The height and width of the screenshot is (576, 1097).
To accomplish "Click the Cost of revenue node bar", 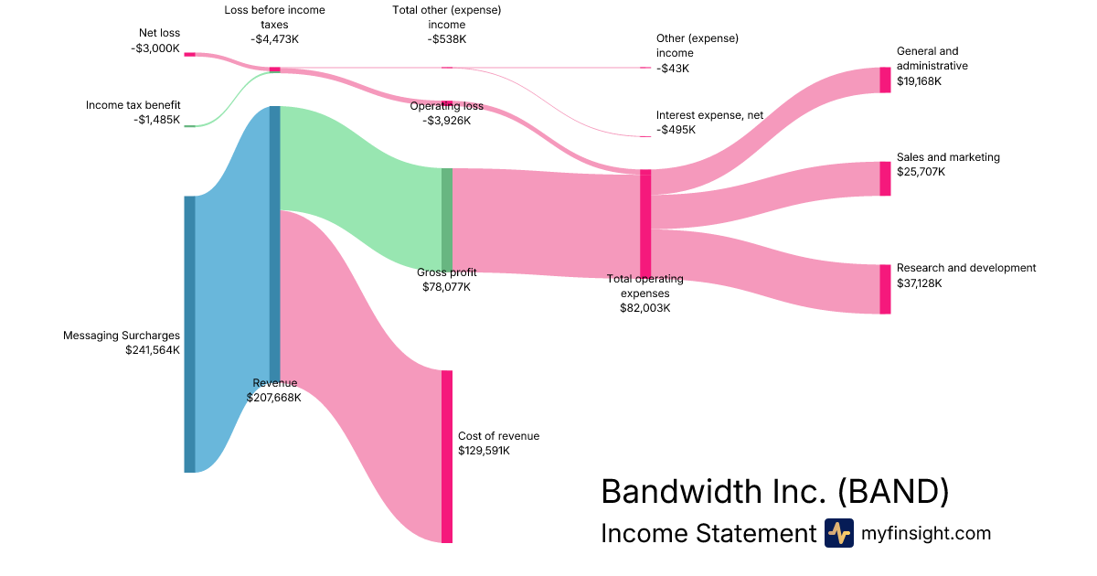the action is pyautogui.click(x=447, y=456).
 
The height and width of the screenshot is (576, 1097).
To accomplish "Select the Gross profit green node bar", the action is pyautogui.click(x=447, y=219).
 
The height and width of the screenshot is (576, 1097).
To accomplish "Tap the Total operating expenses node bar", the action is pyautogui.click(x=645, y=222).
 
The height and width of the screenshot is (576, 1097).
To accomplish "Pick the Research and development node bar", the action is pyautogui.click(x=885, y=289).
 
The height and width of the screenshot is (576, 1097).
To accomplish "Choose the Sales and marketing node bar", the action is pyautogui.click(x=885, y=178).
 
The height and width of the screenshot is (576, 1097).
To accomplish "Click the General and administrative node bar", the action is pyautogui.click(x=885, y=80).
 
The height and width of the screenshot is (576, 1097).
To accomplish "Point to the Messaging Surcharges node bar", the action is pyautogui.click(x=189, y=334).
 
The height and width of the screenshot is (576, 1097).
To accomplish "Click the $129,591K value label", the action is pyautogui.click(x=484, y=451).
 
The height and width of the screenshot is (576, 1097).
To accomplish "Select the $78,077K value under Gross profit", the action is pyautogui.click(x=446, y=287).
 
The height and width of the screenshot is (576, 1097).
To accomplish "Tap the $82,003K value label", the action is pyautogui.click(x=644, y=308).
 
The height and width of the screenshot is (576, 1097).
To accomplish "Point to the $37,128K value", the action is pyautogui.click(x=919, y=283).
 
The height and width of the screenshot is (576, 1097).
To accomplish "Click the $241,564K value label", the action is pyautogui.click(x=153, y=349).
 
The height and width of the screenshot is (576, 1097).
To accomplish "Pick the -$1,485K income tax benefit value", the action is pyautogui.click(x=157, y=120).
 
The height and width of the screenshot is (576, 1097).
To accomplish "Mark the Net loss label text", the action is pyautogui.click(x=159, y=34).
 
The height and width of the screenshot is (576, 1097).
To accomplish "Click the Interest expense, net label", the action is pyautogui.click(x=709, y=115).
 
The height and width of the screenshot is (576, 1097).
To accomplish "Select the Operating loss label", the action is pyautogui.click(x=446, y=106).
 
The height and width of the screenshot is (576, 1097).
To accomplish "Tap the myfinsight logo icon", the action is pyautogui.click(x=838, y=533).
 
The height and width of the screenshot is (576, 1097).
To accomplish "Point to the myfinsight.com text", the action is pyautogui.click(x=925, y=533).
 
